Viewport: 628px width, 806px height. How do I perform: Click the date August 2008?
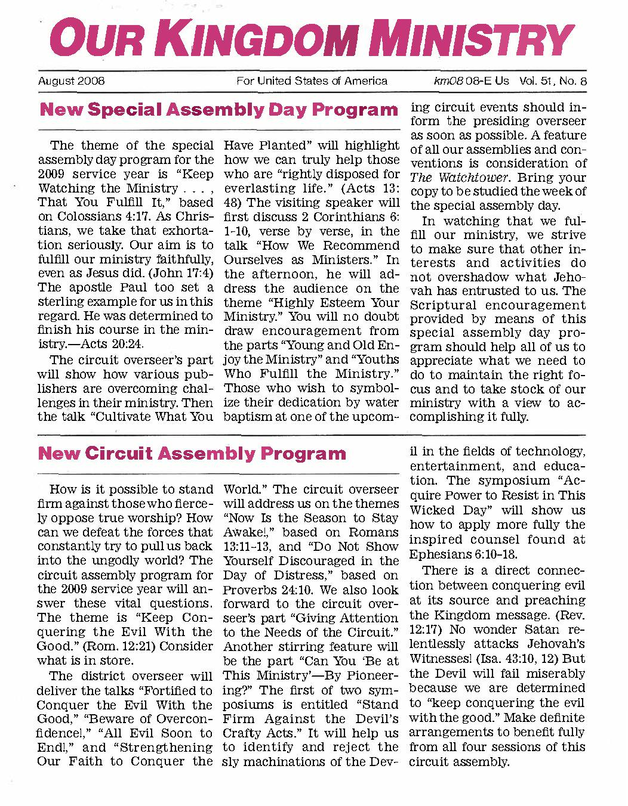pyautogui.click(x=72, y=81)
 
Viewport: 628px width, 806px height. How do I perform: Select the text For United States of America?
pyautogui.click(x=312, y=81)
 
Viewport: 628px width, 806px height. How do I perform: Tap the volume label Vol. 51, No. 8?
pyautogui.click(x=553, y=81)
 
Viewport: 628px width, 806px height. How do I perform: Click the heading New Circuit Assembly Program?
pyautogui.click(x=192, y=454)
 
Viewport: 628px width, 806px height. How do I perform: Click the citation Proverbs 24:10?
pyautogui.click(x=264, y=590)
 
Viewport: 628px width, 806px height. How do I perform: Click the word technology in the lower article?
pyautogui.click(x=549, y=451)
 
